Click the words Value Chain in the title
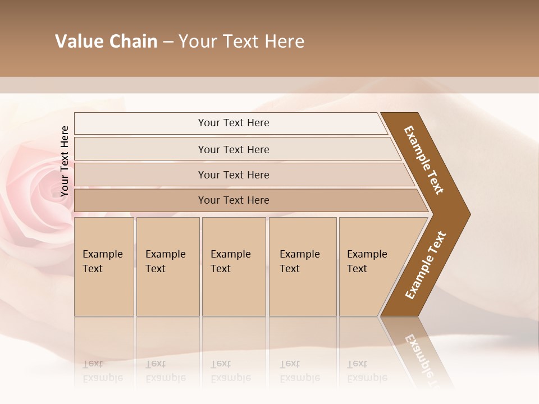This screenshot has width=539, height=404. click(106, 42)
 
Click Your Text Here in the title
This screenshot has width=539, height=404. click(241, 42)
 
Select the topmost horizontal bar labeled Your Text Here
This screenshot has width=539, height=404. click(233, 123)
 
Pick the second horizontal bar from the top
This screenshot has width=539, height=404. click(233, 149)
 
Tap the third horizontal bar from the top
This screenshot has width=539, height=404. click(233, 175)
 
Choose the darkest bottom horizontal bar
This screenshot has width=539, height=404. click(233, 200)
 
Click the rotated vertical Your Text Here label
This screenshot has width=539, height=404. click(65, 161)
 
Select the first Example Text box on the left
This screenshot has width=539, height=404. click(104, 266)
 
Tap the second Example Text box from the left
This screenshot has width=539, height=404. click(167, 266)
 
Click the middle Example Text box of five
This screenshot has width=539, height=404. click(233, 266)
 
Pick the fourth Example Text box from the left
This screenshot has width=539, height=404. click(302, 266)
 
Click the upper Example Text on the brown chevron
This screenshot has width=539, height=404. click(424, 160)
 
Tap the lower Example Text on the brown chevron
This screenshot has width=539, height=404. click(425, 265)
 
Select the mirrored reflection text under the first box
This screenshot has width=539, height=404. click(103, 371)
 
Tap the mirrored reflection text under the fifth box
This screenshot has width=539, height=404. click(367, 371)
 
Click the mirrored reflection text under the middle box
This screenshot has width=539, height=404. click(231, 371)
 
